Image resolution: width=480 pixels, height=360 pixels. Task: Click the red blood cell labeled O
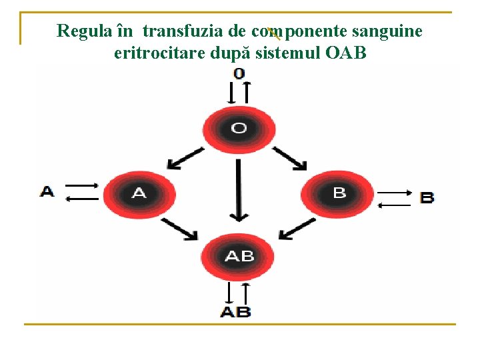pos(239,129)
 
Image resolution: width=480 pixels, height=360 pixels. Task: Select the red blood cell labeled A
pos(139,194)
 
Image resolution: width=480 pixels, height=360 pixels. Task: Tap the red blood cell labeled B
pos(339,194)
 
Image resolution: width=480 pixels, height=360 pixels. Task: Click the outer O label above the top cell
pos(239,73)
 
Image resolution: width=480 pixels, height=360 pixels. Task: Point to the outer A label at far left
pos(47,192)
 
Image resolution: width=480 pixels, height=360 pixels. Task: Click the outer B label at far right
pos(427,197)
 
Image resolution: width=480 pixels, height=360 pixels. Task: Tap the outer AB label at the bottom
pos(236,311)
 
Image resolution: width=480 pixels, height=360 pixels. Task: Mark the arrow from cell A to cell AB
pos(179,229)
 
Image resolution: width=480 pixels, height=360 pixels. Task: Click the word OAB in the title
pos(347,53)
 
